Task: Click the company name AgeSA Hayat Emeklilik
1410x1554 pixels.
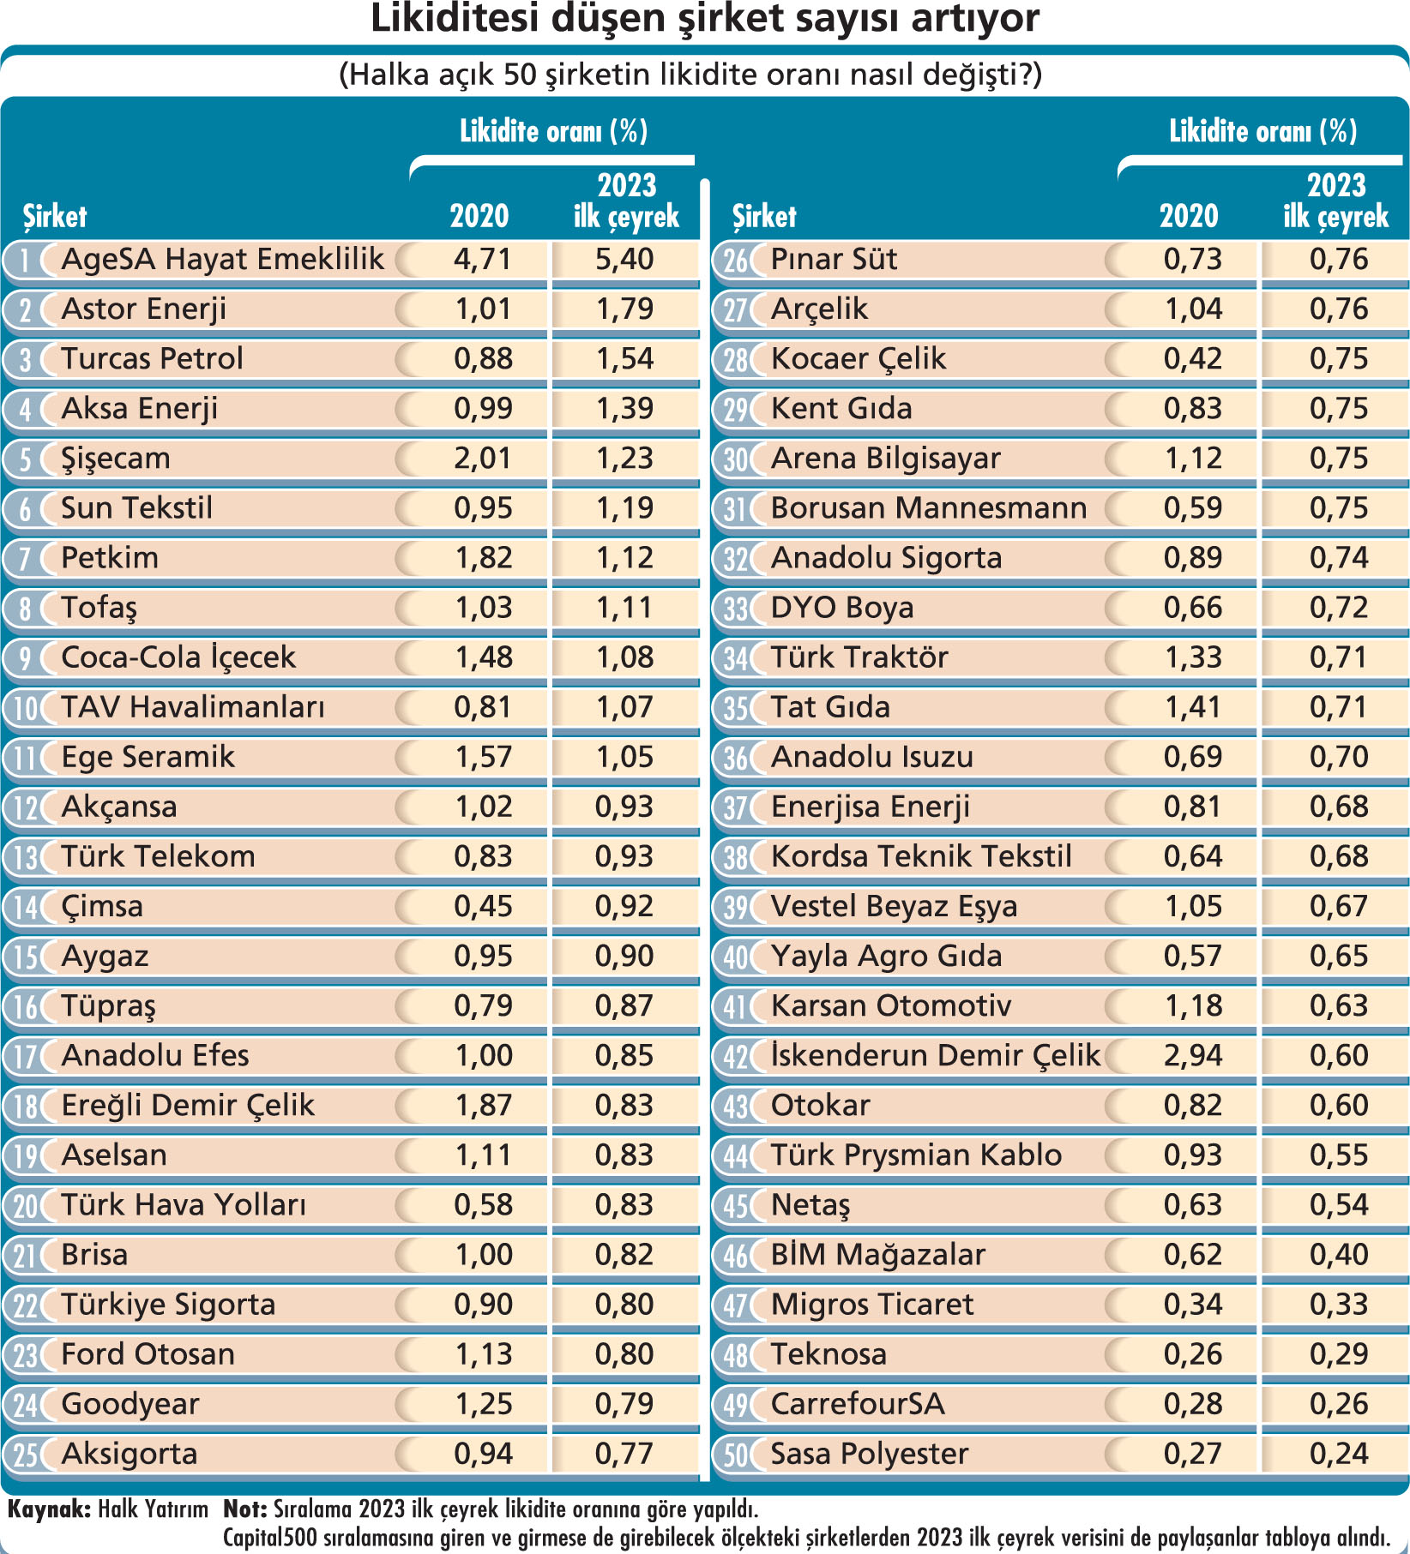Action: [x=222, y=260]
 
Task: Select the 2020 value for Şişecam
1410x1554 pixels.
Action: [x=483, y=459]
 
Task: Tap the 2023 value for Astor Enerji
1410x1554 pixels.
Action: [x=625, y=309]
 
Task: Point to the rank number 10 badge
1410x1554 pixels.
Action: [x=27, y=708]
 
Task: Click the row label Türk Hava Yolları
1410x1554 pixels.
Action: [x=184, y=1205]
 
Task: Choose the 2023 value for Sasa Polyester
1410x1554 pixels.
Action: [x=1339, y=1454]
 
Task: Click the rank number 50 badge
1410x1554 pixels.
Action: [x=736, y=1455]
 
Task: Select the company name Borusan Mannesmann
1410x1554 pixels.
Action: [x=929, y=508]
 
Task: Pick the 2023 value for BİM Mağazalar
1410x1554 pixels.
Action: [x=1339, y=1255]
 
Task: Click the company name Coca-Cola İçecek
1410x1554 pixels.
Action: [x=178, y=657]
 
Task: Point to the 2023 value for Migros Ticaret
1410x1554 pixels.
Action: [x=1339, y=1305]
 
